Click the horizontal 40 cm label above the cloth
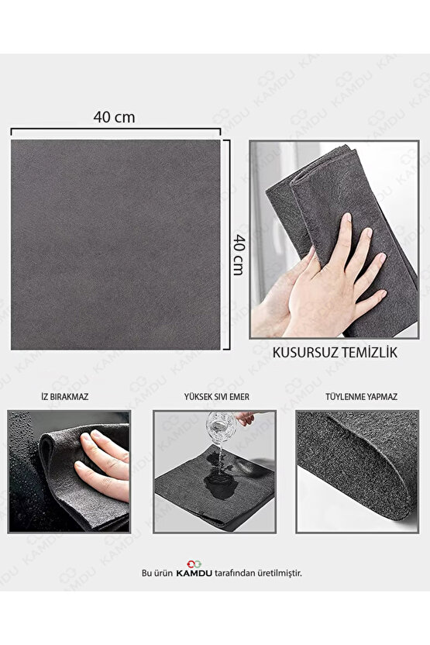[x=114, y=117]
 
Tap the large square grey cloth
[x=115, y=243]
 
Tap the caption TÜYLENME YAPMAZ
[x=356, y=396]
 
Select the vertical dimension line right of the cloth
[x=227, y=243]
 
